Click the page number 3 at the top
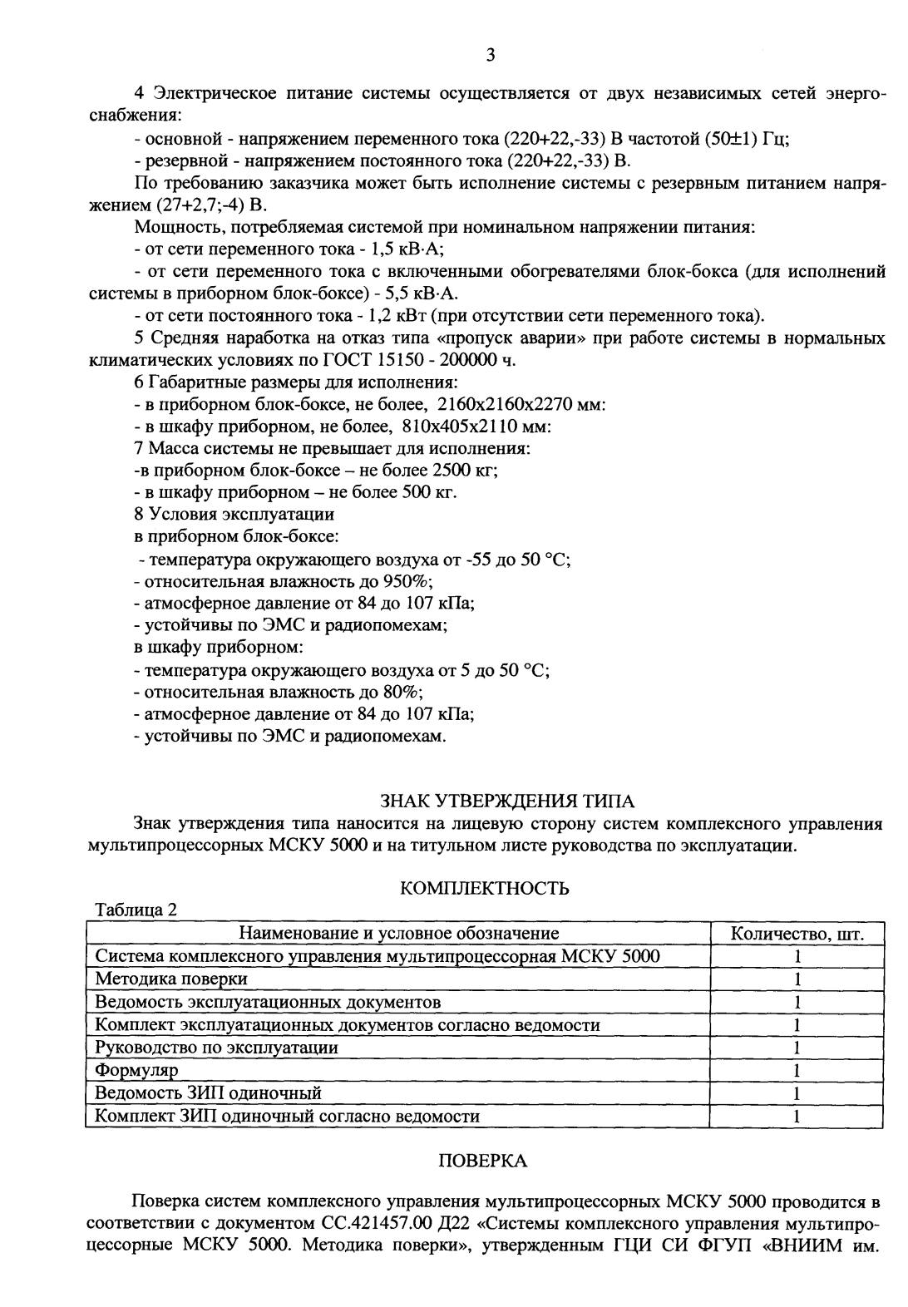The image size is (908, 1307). (490, 56)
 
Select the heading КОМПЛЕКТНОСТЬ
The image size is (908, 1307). (484, 889)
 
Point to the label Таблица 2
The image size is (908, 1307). (137, 910)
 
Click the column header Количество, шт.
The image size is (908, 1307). (797, 934)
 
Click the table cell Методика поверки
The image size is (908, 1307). (171, 979)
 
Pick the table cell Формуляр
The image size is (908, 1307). (137, 1070)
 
